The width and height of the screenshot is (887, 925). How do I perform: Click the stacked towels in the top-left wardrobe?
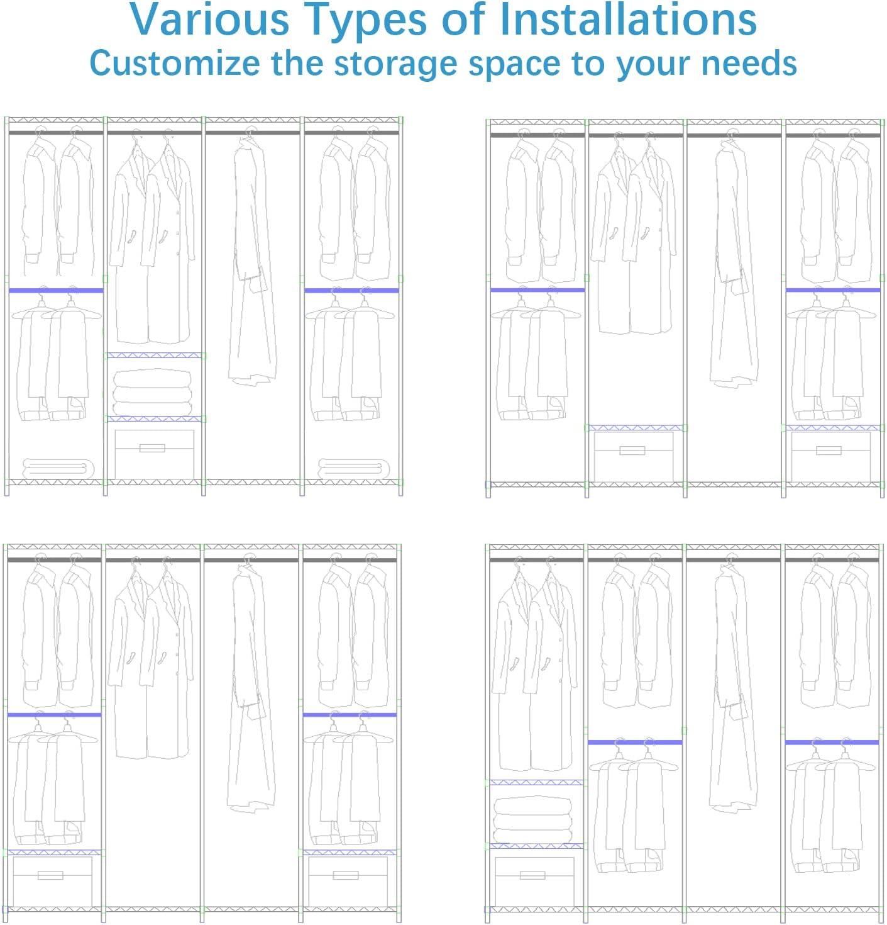(x=152, y=391)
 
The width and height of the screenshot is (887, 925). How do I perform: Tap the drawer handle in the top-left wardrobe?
(x=152, y=448)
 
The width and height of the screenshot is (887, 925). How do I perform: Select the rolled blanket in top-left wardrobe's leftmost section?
(x=58, y=468)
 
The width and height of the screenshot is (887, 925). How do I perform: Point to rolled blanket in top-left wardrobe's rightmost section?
(x=353, y=468)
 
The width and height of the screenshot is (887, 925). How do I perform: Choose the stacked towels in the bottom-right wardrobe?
(x=533, y=819)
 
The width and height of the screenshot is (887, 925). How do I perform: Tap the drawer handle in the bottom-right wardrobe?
(x=532, y=875)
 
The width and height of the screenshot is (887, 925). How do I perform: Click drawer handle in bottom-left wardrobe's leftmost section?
(x=50, y=875)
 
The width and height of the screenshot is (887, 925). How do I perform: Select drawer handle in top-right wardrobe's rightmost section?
(x=829, y=450)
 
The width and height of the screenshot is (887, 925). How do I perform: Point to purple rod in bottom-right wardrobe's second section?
(x=635, y=742)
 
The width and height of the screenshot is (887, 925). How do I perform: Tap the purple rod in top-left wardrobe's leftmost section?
(x=56, y=291)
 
